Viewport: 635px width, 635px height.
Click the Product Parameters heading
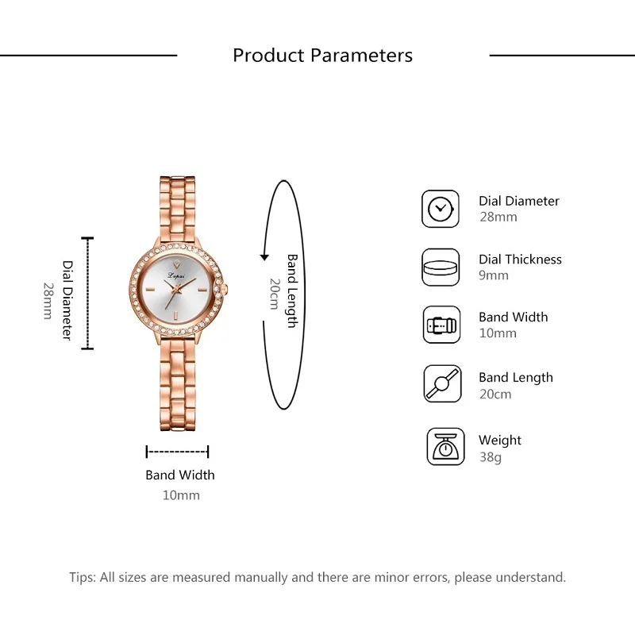pos(322,56)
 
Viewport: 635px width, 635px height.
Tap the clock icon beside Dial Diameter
pos(440,209)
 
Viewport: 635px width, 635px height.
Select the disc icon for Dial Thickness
pos(440,267)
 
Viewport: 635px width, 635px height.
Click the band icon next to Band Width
pos(440,325)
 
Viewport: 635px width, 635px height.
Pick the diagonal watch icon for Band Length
pos(441,384)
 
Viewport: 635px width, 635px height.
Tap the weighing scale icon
pos(445,447)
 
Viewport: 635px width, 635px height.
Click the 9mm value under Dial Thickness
pos(494,275)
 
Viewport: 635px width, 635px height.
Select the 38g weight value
pos(490,457)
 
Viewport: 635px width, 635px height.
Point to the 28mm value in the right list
pos(498,217)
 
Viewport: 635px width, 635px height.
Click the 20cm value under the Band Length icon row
pos(495,394)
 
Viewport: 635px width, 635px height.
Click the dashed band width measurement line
pos(177,452)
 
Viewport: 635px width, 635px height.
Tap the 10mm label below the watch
pos(181,495)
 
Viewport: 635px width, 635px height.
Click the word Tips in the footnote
pos(82,577)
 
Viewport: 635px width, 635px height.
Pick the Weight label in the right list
pos(500,440)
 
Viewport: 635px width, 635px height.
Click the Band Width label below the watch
pos(180,475)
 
